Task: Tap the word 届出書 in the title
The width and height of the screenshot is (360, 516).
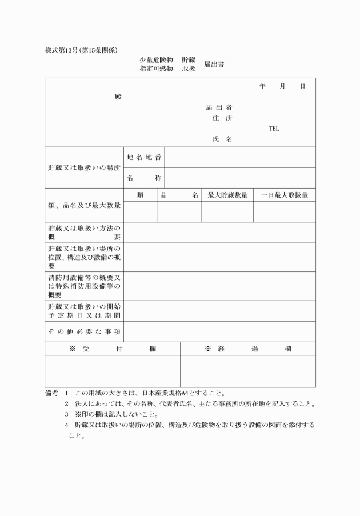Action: tap(214, 64)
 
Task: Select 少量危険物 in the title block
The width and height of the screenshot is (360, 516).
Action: tap(156, 59)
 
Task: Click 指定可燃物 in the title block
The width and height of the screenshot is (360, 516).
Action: tap(156, 69)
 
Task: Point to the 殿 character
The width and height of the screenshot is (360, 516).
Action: tap(118, 97)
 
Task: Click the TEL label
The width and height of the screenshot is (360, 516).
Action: tap(274, 129)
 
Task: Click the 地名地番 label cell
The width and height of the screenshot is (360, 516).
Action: tap(144, 157)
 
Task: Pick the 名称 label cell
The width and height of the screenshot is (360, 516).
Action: tap(144, 178)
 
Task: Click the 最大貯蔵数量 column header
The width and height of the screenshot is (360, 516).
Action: tap(227, 195)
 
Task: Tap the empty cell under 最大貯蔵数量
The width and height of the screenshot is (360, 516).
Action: tap(227, 211)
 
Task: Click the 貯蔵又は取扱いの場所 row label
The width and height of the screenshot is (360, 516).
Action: tap(85, 168)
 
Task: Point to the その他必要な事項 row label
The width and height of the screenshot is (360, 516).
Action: tap(85, 331)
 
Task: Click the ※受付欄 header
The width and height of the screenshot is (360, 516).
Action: tap(113, 349)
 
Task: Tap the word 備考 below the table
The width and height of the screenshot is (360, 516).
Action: tap(52, 393)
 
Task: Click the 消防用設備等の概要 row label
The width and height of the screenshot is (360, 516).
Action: tap(85, 286)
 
